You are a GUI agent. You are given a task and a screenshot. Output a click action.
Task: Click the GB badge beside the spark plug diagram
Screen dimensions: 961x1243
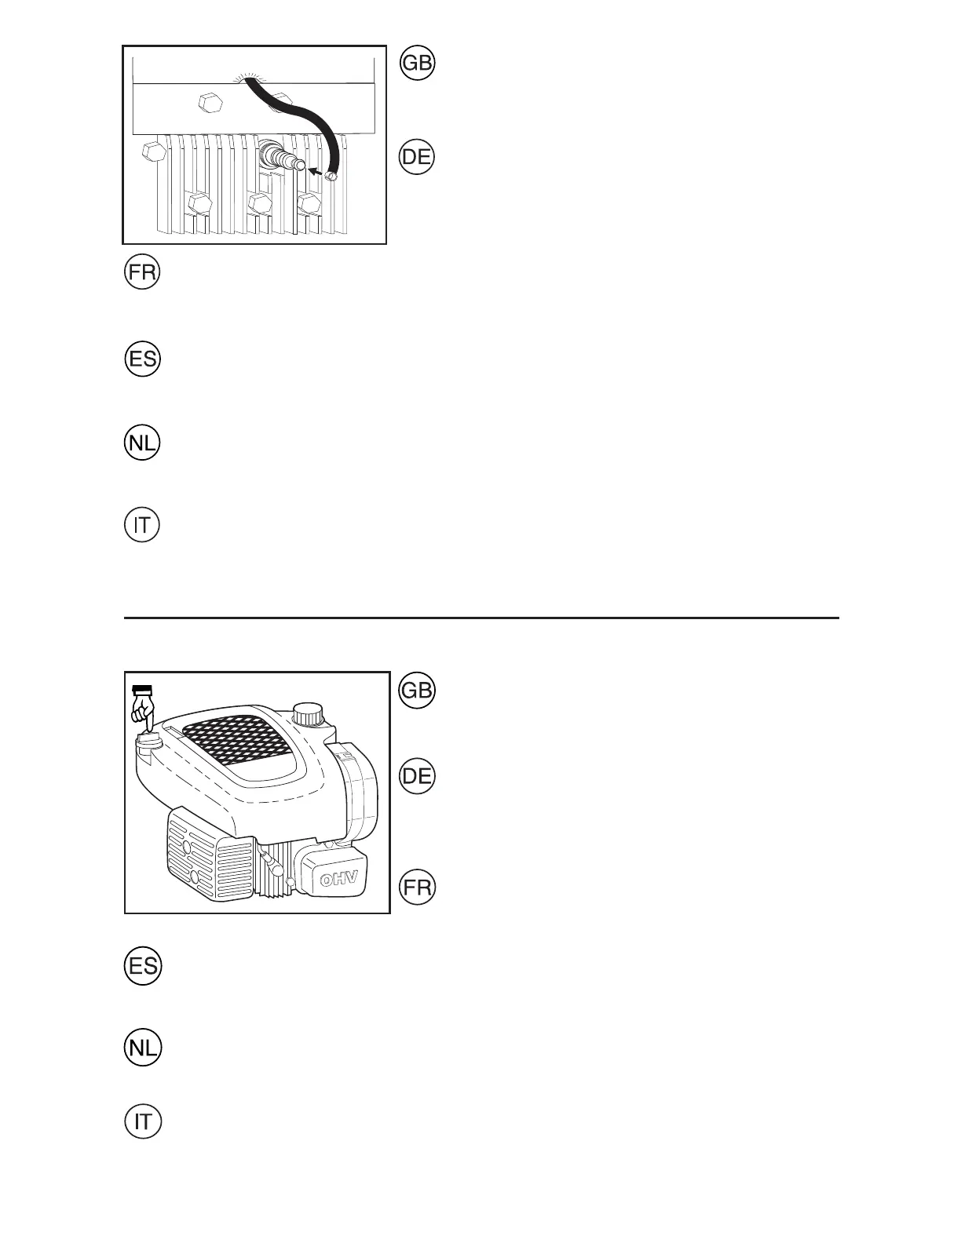point(417,64)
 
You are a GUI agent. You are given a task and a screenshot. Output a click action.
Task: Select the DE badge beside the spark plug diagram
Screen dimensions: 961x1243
point(417,157)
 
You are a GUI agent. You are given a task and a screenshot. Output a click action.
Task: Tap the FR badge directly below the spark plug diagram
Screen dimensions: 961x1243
point(142,274)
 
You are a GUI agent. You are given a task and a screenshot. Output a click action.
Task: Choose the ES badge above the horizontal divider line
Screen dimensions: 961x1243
point(142,360)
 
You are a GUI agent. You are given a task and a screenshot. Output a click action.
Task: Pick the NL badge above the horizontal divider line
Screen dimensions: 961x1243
point(142,445)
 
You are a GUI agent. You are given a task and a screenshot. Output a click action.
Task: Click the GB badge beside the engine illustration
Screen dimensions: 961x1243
point(417,691)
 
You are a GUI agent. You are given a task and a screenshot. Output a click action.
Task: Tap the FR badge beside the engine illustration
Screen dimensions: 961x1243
point(417,888)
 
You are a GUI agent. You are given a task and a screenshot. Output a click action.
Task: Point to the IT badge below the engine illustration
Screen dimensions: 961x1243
point(142,1121)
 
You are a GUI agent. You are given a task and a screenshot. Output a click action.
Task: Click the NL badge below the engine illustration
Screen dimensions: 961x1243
point(142,1048)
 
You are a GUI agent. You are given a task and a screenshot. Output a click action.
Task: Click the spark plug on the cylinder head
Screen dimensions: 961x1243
point(282,156)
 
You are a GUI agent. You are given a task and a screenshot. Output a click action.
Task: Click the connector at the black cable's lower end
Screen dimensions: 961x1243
point(331,177)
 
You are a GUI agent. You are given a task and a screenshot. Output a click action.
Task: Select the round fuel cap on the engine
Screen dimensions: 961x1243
point(308,714)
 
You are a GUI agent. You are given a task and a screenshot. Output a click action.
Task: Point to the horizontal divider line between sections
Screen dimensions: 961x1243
point(481,618)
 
